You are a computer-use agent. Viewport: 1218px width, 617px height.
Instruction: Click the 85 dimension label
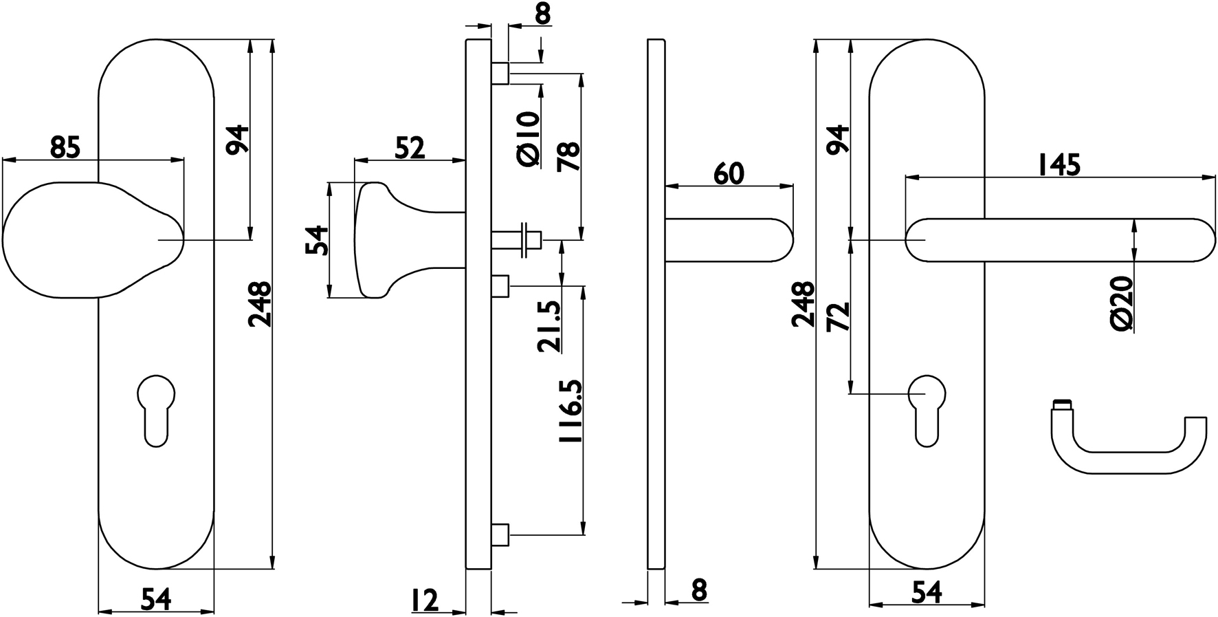(65, 147)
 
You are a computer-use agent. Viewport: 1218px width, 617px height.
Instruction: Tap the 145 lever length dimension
(1059, 165)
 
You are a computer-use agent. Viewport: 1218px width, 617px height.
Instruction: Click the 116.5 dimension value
(571, 411)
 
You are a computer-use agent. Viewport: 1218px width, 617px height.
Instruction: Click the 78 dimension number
(570, 157)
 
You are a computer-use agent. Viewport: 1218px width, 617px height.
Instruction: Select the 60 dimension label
(729, 173)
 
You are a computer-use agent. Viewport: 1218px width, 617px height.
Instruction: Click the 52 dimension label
(410, 148)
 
